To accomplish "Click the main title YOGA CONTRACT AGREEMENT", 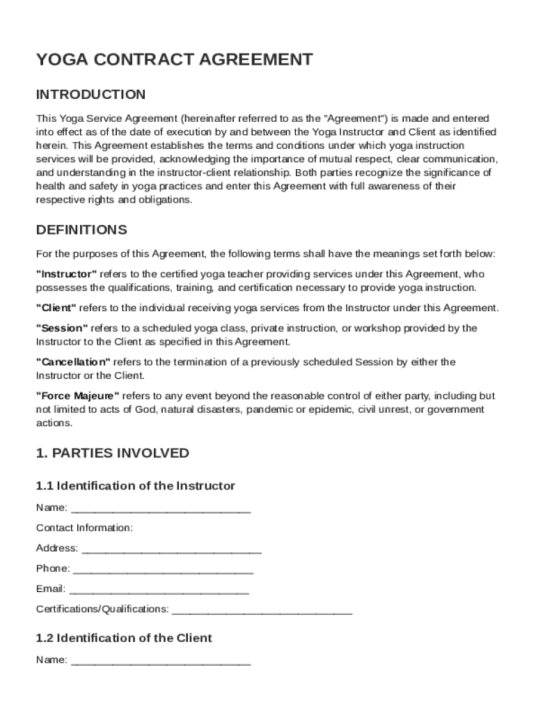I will coord(174,60).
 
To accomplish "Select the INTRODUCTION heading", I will coord(90,95).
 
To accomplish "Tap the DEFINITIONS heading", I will coord(81,230).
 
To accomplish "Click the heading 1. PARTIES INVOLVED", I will coord(112,453).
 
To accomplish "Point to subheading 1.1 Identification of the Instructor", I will coord(135,486).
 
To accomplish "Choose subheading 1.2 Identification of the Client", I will coord(124,638).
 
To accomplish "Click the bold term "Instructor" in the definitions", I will coord(67,274).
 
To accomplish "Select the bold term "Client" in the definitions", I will coord(56,308).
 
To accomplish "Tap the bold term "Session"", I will coord(62,328).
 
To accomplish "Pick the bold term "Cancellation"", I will coord(73,362).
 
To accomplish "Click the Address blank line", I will coord(171,549).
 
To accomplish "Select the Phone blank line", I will coord(163,570).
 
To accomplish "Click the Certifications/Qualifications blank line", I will coord(262,611).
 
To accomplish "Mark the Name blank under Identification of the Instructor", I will coord(161,509).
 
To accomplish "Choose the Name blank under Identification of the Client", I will coord(161,661).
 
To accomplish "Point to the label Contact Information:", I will coord(84,528).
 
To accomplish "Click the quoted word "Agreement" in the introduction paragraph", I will coord(352,118).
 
